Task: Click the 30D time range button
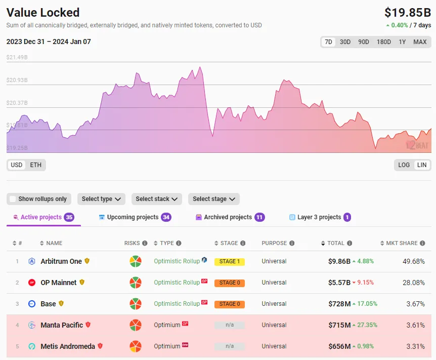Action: point(345,42)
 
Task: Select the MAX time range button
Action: point(420,42)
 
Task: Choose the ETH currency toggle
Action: point(36,165)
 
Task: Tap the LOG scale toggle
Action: point(404,165)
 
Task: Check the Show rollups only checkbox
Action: point(13,199)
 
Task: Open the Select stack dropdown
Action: point(157,199)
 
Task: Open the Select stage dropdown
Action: point(213,199)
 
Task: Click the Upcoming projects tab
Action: point(133,217)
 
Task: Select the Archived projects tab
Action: point(228,217)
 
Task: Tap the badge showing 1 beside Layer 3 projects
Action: point(347,217)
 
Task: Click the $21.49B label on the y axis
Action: point(17,57)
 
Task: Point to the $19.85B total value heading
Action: point(407,13)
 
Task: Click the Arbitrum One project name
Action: point(61,261)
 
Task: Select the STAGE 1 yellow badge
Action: point(230,262)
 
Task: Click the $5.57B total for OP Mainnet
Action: point(339,283)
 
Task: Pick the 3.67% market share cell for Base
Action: point(415,304)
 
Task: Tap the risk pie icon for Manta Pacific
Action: point(135,325)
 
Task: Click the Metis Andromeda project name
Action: point(68,346)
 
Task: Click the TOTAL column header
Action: point(336,243)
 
